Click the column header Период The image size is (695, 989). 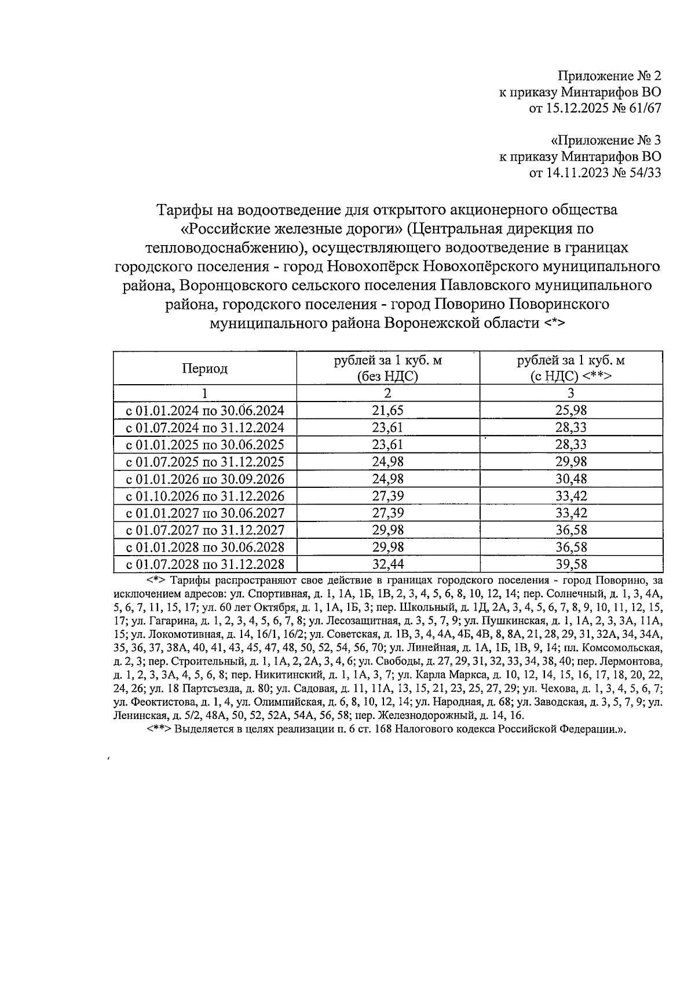205,368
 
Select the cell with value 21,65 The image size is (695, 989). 387,411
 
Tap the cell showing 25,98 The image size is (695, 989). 570,411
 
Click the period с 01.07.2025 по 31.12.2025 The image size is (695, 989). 205,462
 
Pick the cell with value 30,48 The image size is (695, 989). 570,479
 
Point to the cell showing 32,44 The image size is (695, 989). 387,564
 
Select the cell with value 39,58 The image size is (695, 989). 570,564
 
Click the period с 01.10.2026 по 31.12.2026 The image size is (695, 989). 205,496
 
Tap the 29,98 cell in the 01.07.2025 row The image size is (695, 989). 570,462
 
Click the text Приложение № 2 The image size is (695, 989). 609,76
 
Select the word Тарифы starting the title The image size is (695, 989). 181,210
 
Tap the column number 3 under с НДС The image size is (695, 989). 570,393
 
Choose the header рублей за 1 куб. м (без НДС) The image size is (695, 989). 387,368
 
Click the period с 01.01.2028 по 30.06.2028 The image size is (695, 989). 205,547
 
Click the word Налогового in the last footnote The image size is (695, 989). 440,729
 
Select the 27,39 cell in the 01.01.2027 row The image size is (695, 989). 387,513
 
